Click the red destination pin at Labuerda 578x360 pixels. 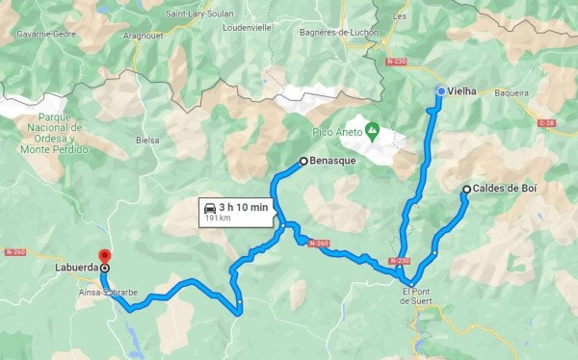tap(104, 257)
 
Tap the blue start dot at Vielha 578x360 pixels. tap(441, 91)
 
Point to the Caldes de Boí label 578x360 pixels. tap(504, 190)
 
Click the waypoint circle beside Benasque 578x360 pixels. tap(303, 162)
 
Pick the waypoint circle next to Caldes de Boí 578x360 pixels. tap(466, 190)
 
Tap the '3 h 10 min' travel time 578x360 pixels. tap(241, 207)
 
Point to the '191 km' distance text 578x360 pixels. tap(219, 219)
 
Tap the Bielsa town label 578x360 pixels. tap(147, 140)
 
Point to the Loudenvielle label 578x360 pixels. tap(276, 27)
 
